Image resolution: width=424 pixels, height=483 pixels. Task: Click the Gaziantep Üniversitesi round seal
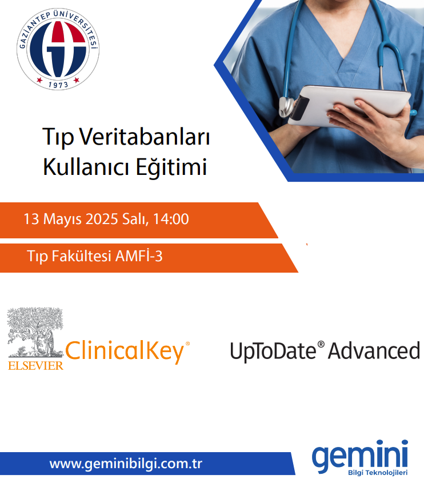click(x=58, y=49)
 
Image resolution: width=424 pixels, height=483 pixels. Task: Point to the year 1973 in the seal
click(x=58, y=84)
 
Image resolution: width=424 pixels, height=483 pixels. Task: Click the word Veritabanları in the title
click(x=145, y=136)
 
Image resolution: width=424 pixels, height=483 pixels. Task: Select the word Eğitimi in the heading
click(x=171, y=166)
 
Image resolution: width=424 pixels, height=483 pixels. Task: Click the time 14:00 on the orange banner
click(x=171, y=219)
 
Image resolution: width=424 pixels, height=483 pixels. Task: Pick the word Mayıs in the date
click(x=62, y=219)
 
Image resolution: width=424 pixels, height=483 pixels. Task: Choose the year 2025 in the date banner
click(x=102, y=219)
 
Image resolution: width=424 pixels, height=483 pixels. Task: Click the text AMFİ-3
click(x=139, y=256)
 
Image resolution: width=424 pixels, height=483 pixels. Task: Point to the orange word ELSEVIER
click(x=36, y=366)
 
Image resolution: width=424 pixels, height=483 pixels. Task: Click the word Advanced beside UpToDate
click(x=374, y=350)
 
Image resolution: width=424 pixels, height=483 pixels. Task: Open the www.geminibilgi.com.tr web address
click(x=126, y=464)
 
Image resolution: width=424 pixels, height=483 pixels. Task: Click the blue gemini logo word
click(x=360, y=455)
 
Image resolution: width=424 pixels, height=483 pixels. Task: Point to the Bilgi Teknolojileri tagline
click(x=378, y=473)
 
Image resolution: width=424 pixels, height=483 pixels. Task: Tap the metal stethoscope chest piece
click(x=287, y=106)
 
